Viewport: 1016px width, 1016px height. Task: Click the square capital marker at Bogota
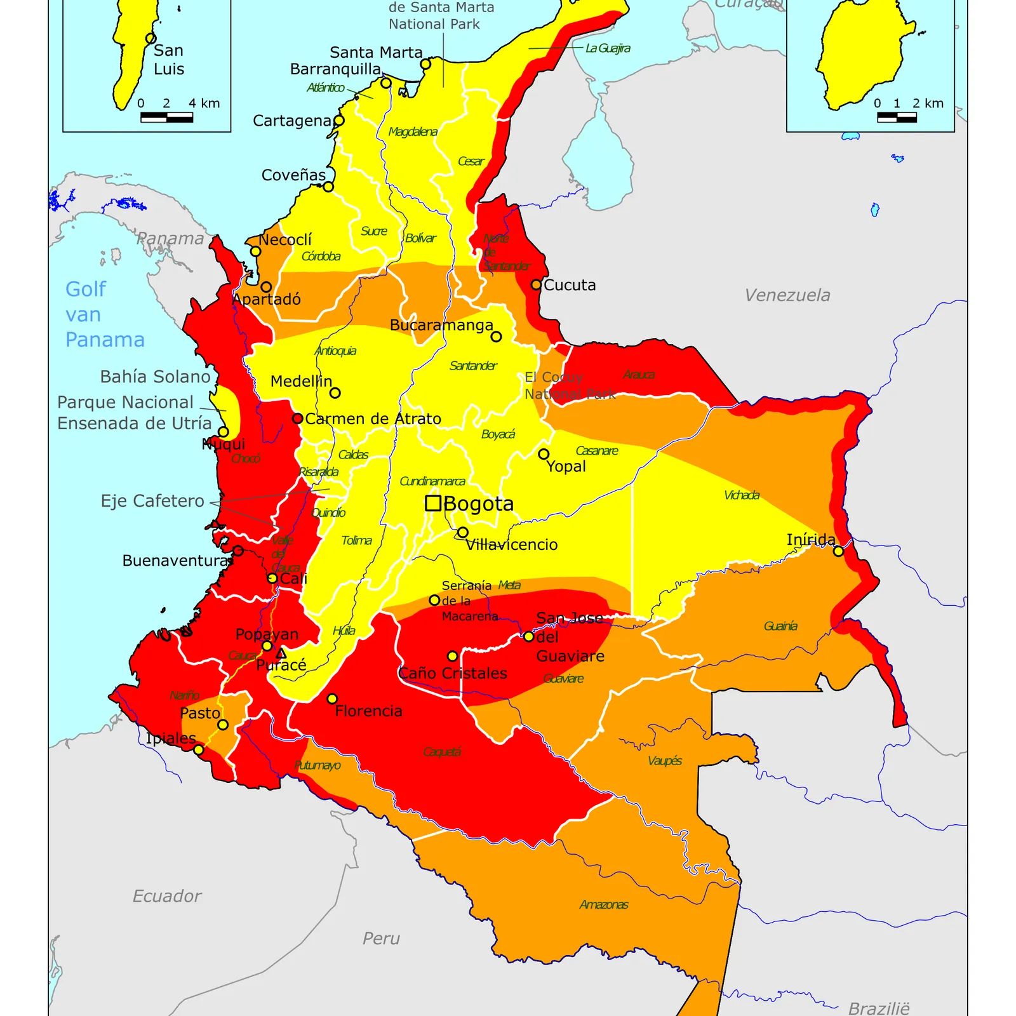tap(433, 504)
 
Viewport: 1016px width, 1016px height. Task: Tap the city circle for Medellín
tap(335, 393)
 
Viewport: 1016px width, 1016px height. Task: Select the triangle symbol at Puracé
tap(281, 653)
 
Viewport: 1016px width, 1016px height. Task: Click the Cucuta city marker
tap(536, 285)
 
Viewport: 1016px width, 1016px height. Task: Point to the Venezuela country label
tap(787, 295)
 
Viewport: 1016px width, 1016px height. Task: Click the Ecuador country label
tap(166, 896)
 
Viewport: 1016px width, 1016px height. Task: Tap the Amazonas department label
tap(603, 905)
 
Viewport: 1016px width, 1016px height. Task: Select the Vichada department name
tap(741, 495)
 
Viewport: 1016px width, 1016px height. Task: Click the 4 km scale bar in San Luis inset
tap(166, 117)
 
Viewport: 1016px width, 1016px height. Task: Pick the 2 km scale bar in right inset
tap(897, 117)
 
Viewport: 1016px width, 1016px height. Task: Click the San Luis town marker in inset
tap(150, 39)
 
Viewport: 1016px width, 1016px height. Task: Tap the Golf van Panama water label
tap(105, 314)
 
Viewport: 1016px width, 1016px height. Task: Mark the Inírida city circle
tap(838, 551)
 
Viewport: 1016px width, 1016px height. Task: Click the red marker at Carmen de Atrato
tap(297, 418)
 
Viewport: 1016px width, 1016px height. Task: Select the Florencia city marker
tap(332, 698)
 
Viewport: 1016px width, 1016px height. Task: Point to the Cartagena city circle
tap(339, 121)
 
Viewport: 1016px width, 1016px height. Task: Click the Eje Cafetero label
tap(152, 501)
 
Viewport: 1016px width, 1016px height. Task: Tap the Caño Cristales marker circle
tap(452, 656)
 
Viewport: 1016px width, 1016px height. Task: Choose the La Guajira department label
tap(607, 48)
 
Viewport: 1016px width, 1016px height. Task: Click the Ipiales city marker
tap(199, 750)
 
